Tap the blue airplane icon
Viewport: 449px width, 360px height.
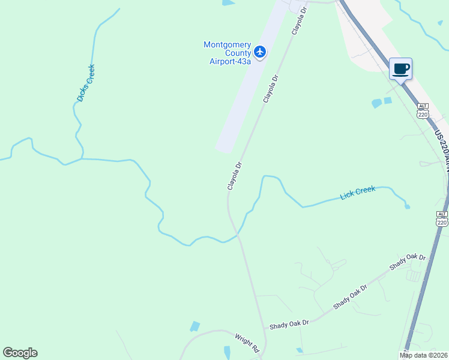(x=260, y=52)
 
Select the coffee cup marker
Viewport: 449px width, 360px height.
(x=400, y=70)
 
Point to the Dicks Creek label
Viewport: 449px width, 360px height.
(x=86, y=83)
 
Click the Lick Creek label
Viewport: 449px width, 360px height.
(x=357, y=193)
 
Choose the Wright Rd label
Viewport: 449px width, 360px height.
(x=247, y=344)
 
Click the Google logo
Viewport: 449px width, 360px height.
(x=20, y=353)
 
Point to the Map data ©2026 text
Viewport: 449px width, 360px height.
(x=423, y=355)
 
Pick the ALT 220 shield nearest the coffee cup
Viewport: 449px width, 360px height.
(x=423, y=109)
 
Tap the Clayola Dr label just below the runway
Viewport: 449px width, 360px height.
(x=234, y=176)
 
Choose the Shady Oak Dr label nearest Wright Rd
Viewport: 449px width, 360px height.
(x=289, y=323)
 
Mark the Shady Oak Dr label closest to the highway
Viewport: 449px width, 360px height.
(x=407, y=262)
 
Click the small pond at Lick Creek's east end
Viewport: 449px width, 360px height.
(x=408, y=206)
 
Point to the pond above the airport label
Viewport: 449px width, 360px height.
(x=228, y=3)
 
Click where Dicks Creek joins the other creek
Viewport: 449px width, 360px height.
(x=81, y=159)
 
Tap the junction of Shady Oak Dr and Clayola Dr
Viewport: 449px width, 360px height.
(x=264, y=328)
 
